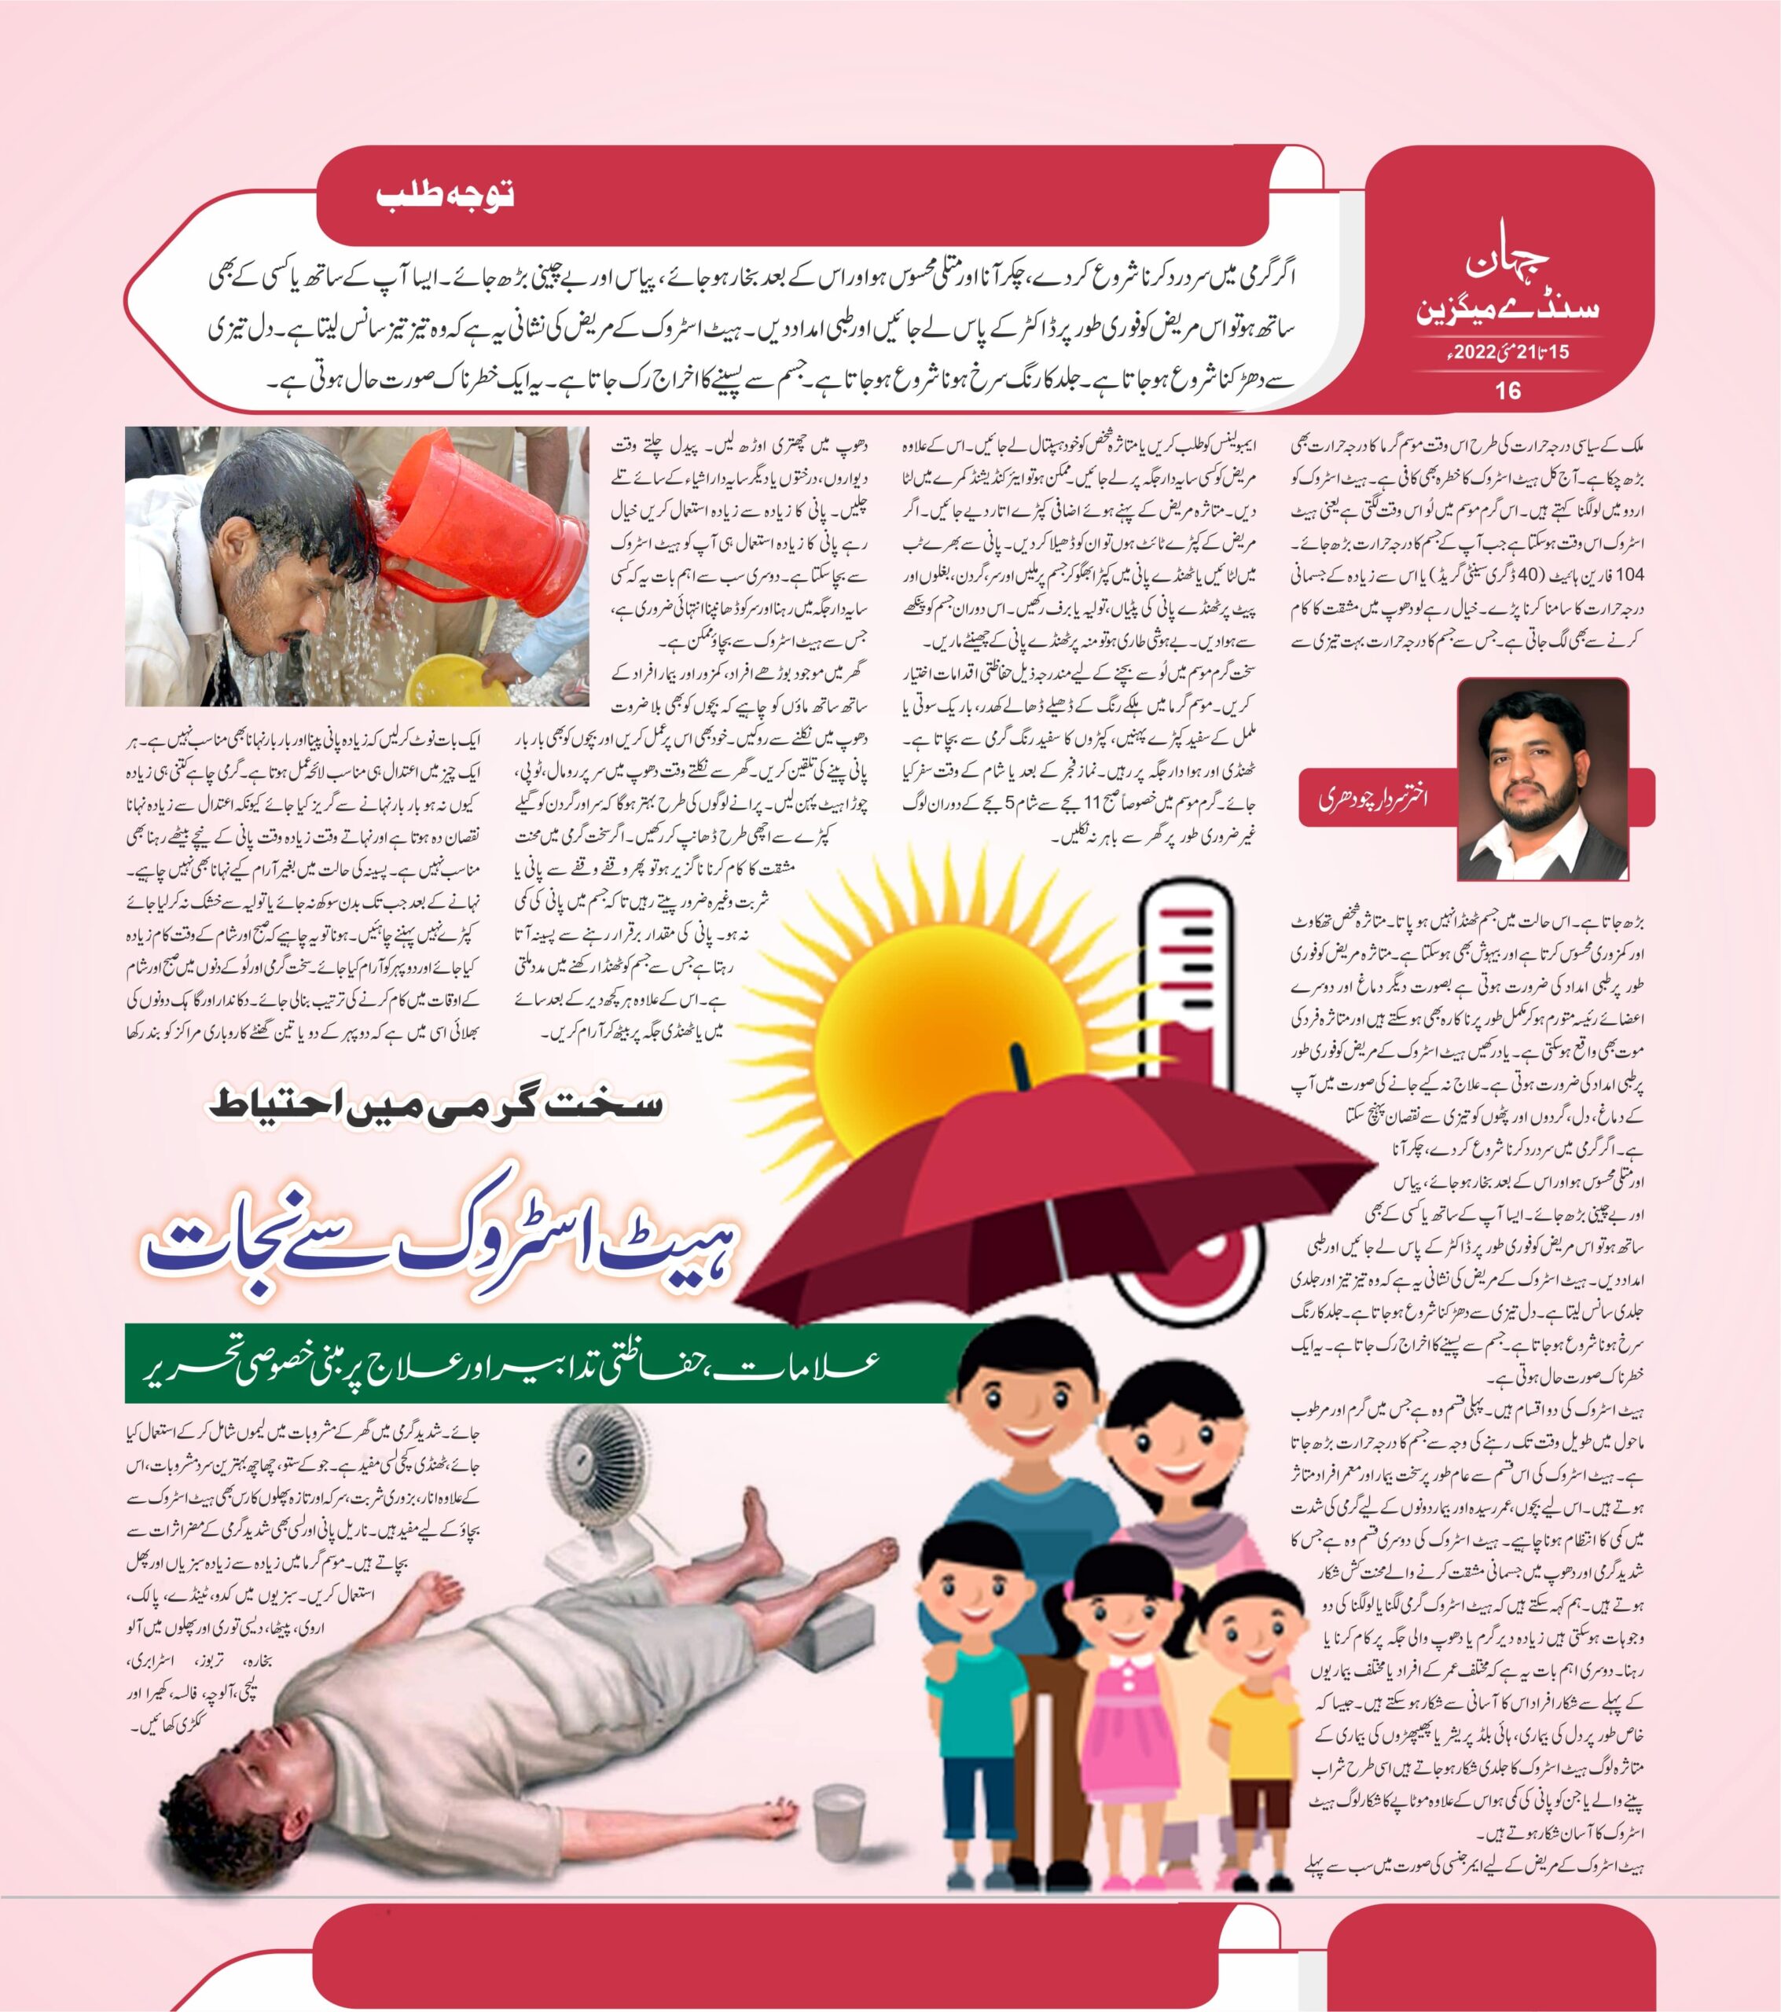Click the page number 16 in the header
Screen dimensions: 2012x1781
tap(1507, 391)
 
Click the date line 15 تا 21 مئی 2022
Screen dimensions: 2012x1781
tap(1507, 351)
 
